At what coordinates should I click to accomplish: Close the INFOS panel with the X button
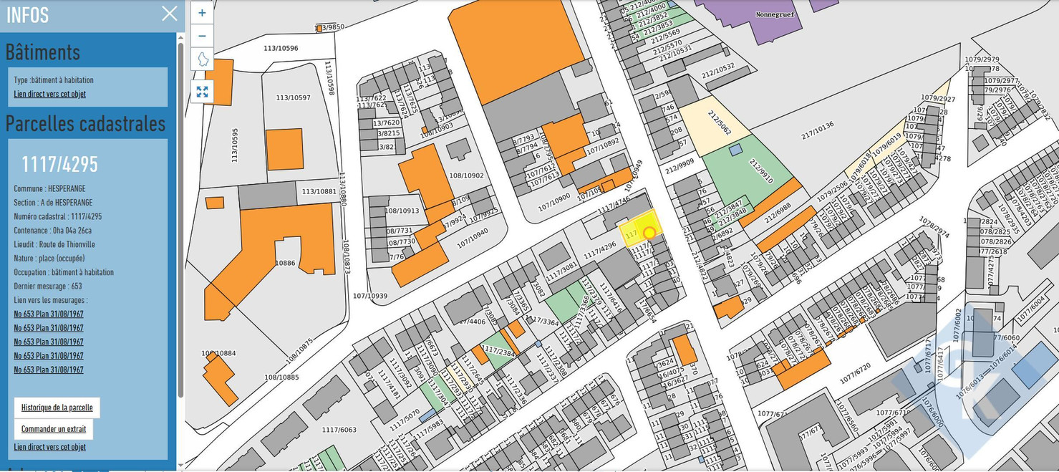[x=169, y=14]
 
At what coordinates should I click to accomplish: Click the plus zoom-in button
[x=202, y=13]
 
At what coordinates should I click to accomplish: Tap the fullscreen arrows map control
[x=202, y=92]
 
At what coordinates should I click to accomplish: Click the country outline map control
[x=203, y=59]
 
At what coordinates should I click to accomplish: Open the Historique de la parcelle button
[x=57, y=408]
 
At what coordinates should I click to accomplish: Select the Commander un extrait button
[x=53, y=429]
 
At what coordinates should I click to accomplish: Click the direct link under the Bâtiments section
[x=49, y=94]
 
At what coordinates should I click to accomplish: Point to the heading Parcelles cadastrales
[x=85, y=123]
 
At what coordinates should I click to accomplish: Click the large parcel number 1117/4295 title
[x=59, y=164]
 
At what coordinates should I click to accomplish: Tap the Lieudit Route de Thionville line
[x=54, y=244]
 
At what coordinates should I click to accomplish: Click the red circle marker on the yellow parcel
[x=649, y=232]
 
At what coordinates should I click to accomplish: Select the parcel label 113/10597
[x=294, y=97]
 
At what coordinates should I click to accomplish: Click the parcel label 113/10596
[x=281, y=49]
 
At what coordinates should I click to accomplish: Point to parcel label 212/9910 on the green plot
[x=756, y=166]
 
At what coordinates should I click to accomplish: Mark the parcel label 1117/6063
[x=338, y=430]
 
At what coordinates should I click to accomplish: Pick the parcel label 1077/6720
[x=855, y=366]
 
